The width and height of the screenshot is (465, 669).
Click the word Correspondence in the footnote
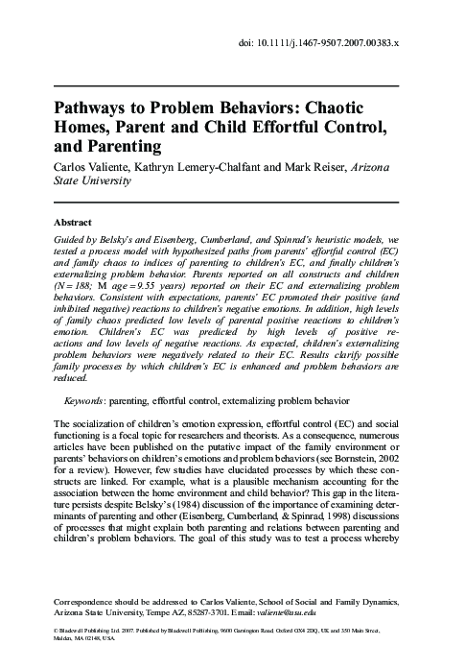(90, 609)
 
